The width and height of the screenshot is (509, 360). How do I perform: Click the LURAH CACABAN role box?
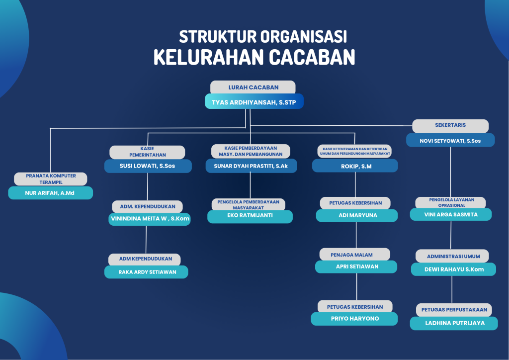point(253,88)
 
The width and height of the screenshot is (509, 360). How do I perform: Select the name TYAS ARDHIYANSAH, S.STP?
point(254,102)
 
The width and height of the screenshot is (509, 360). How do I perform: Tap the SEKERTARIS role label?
point(450,125)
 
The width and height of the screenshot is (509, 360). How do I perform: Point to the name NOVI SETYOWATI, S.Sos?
point(450,141)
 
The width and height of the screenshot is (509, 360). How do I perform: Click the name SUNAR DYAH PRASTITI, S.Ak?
point(251,166)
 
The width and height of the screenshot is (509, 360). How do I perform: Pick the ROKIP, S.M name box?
point(355,166)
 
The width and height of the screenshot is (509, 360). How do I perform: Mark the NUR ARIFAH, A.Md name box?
point(50,193)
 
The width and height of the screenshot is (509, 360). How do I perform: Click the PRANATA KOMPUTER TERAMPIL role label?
point(51,179)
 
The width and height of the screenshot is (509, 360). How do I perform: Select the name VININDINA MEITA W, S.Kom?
point(150,219)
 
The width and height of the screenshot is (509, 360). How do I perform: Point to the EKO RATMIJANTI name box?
point(250,217)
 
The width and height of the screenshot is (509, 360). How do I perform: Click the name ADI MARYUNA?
point(357,216)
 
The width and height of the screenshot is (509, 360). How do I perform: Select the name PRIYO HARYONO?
point(354,319)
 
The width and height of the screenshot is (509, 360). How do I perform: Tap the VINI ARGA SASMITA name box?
point(451,214)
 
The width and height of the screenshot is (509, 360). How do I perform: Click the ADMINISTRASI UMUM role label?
point(453,256)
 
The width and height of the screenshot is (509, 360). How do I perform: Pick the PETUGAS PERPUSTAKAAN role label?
point(454,309)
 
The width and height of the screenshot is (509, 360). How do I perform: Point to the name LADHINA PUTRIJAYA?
point(454,323)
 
